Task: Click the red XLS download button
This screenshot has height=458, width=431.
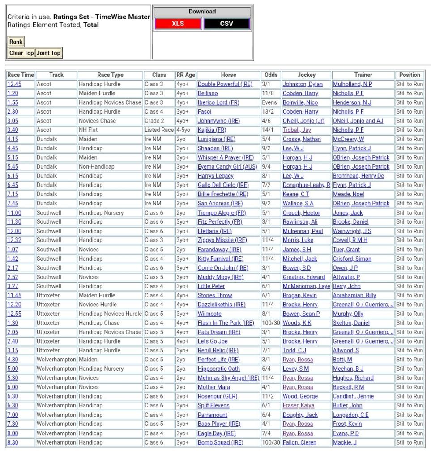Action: [178, 24]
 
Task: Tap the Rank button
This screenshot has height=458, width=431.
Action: [16, 42]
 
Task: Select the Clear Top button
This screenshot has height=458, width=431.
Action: [21, 53]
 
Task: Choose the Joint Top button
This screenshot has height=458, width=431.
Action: [48, 53]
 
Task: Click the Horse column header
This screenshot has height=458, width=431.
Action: [228, 75]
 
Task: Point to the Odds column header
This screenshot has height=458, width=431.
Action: [271, 75]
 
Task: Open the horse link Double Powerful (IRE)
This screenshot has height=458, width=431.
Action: [225, 84]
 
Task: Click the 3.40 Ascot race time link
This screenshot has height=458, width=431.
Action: [13, 130]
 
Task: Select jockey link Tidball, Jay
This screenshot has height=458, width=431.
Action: [296, 130]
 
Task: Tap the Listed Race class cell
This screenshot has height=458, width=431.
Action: [159, 130]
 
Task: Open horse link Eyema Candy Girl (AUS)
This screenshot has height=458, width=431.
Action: [227, 167]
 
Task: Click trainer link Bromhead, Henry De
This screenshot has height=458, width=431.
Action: [358, 176]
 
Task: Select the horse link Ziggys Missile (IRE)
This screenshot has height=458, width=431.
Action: [222, 240]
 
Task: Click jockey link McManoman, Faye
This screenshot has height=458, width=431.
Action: [306, 286]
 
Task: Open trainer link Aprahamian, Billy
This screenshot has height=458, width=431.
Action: [354, 295]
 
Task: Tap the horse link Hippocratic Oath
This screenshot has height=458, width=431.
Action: [218, 369]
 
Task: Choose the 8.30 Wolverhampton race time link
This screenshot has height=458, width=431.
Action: [13, 442]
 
